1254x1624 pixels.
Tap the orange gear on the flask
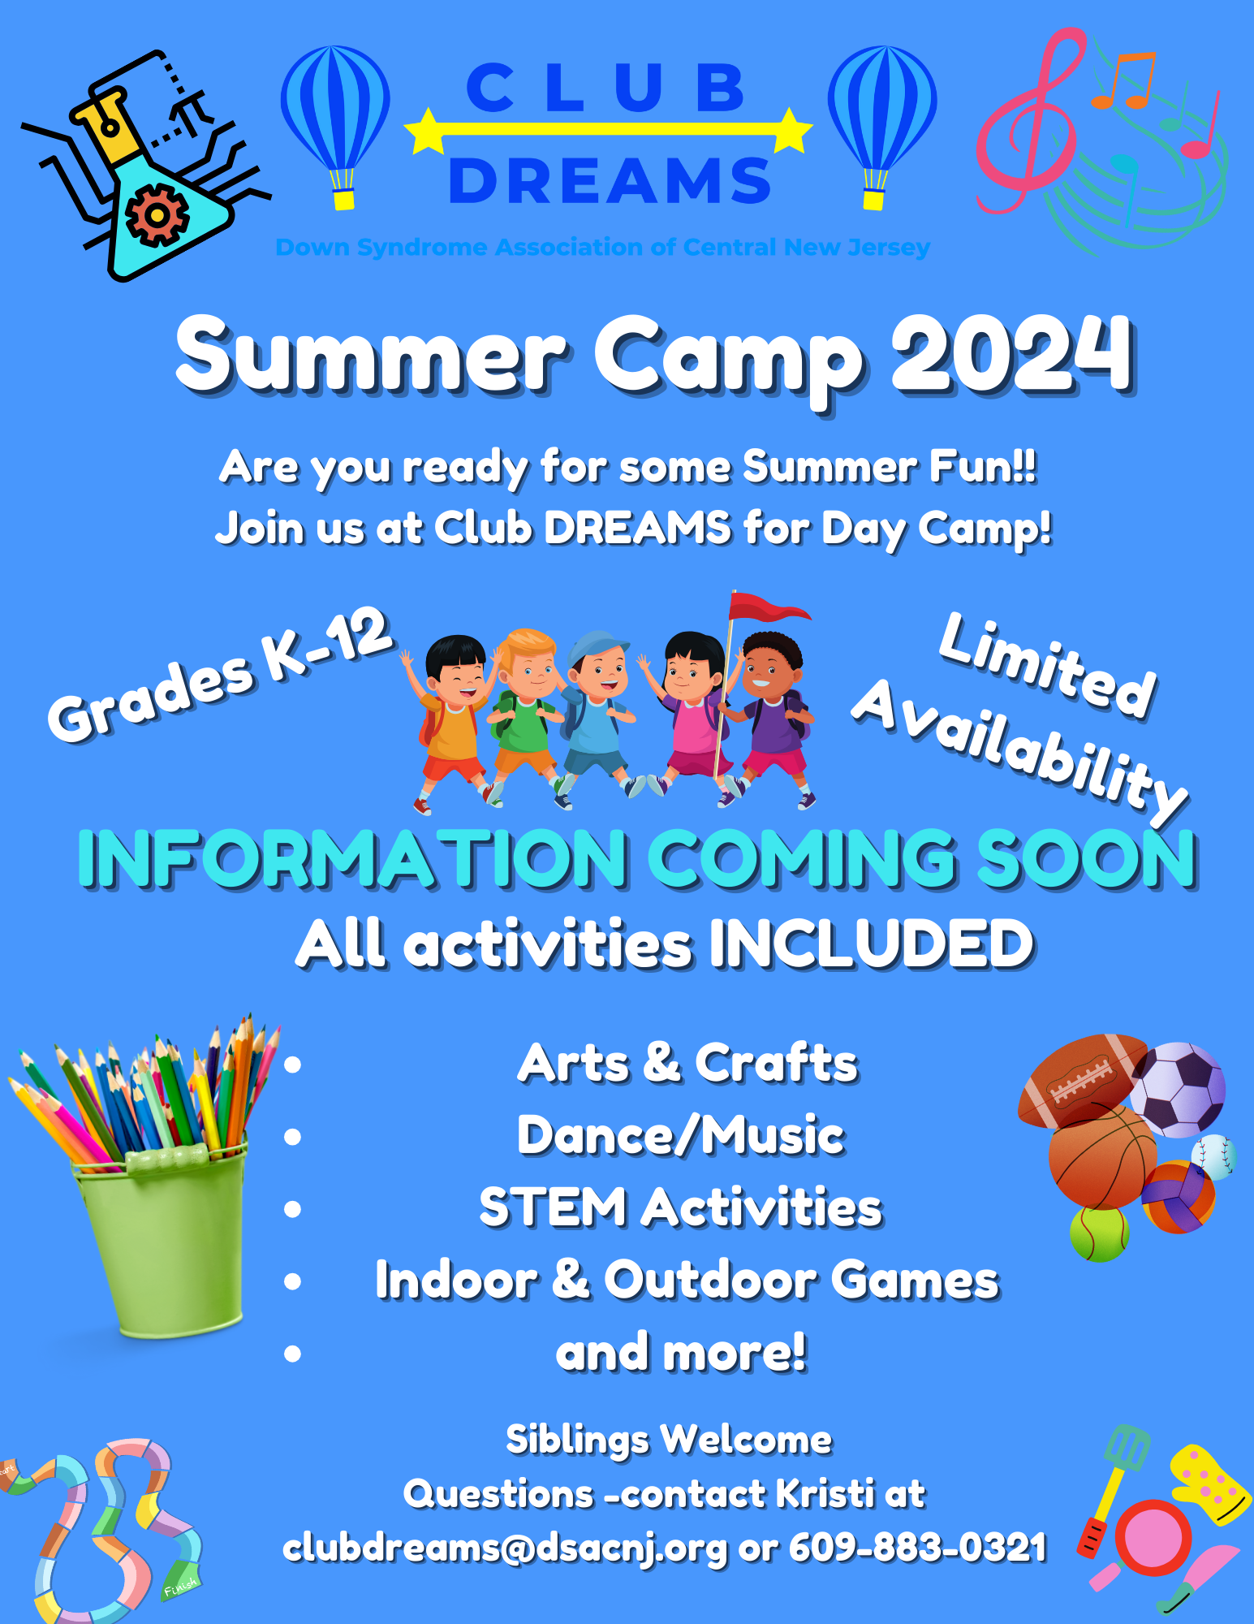pyautogui.click(x=157, y=215)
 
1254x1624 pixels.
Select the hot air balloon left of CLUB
pyautogui.click(x=335, y=127)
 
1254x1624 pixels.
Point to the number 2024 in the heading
pyautogui.click(x=1011, y=354)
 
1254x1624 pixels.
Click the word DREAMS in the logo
pyautogui.click(x=610, y=180)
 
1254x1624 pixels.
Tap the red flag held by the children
pyautogui.click(x=768, y=607)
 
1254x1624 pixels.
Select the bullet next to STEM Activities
pyautogui.click(x=293, y=1208)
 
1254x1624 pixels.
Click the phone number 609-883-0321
pyautogui.click(x=917, y=1548)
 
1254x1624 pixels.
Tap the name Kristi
pyautogui.click(x=825, y=1493)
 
